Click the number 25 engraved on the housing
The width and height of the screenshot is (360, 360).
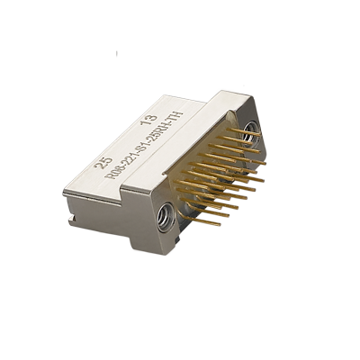pyautogui.click(x=104, y=163)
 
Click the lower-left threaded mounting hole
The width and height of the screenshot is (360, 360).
pyautogui.click(x=166, y=216)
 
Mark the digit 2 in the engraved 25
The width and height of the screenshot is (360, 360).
pyautogui.click(x=101, y=166)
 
